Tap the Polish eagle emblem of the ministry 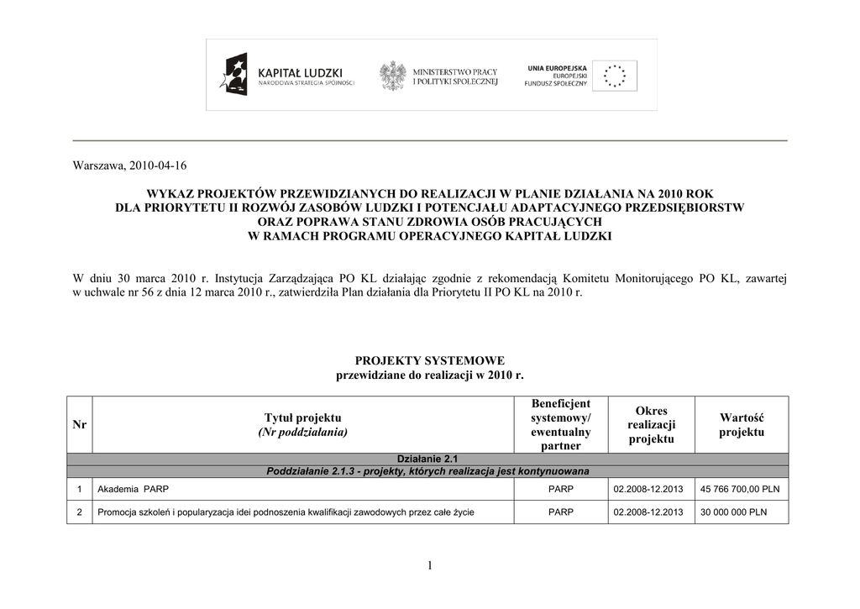point(392,76)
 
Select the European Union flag point(614,76)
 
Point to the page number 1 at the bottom point(429,567)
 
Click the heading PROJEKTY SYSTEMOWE point(429,360)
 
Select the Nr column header point(80,425)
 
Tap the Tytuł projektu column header point(303,425)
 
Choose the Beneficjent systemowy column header point(560,425)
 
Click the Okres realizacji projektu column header point(652,425)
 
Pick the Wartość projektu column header point(742,425)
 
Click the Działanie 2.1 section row point(427,459)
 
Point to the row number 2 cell point(80,512)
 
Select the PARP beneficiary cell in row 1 point(560,489)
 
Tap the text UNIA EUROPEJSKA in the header point(557,67)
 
